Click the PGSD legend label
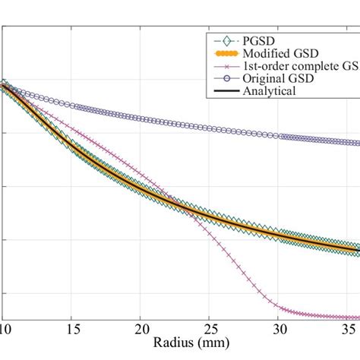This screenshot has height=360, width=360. (257, 40)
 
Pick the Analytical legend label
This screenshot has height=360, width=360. (268, 91)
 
